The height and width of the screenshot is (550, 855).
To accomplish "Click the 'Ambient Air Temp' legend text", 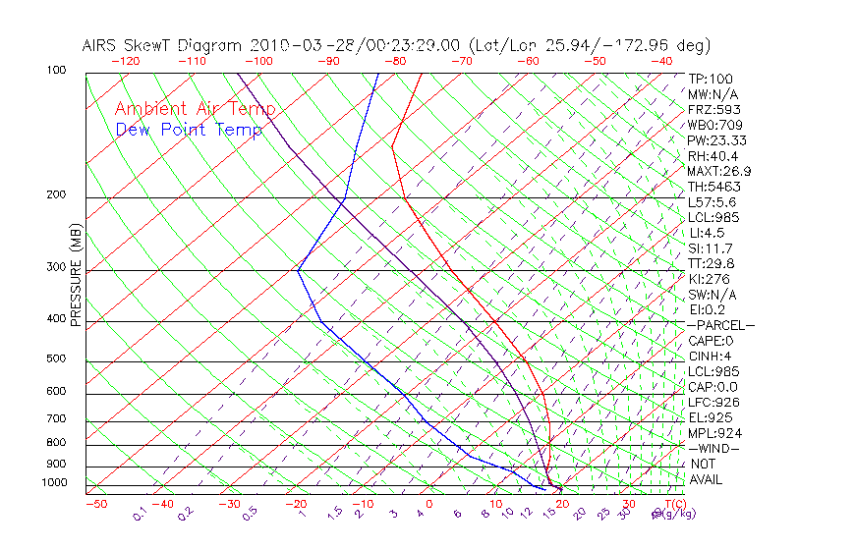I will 195,109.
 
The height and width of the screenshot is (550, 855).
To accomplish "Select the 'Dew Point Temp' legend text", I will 189,130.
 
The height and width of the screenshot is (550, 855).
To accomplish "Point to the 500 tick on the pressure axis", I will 56,359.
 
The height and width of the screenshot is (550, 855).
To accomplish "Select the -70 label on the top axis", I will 460,60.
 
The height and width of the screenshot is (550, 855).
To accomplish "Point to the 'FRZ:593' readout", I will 713,110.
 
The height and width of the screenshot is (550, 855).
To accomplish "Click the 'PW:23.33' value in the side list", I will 717,140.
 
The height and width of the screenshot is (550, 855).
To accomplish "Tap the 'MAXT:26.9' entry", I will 720,171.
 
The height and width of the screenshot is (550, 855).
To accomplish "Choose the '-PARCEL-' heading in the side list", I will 720,325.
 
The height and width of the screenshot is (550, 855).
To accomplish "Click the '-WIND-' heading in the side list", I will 713,448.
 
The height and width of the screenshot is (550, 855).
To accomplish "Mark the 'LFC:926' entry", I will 713,402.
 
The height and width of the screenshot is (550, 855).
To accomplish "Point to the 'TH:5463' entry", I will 713,187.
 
